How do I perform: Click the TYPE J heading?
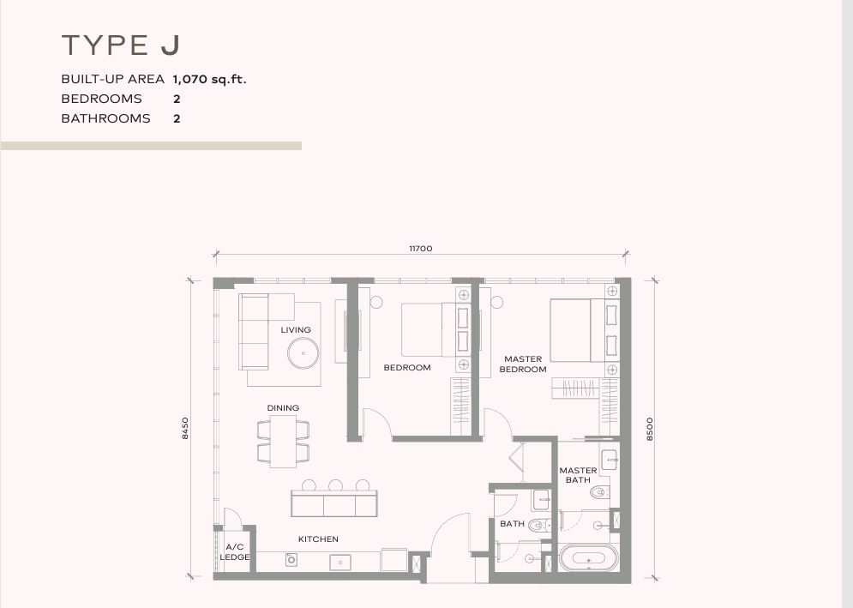(x=121, y=45)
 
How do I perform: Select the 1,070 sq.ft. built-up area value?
(x=209, y=79)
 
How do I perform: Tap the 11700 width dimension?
(x=421, y=248)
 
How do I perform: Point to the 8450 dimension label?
(x=185, y=429)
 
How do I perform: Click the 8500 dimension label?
(x=650, y=429)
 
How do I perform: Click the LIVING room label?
(x=296, y=330)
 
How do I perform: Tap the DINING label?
(x=283, y=407)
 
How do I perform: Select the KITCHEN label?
(x=318, y=539)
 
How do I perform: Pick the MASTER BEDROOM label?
(x=523, y=364)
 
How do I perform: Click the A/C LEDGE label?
(x=235, y=552)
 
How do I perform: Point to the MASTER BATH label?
(x=578, y=475)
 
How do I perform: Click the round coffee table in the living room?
(x=303, y=353)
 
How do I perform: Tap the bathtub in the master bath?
(x=589, y=558)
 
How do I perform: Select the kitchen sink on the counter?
(x=340, y=563)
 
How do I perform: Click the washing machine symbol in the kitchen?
(x=291, y=559)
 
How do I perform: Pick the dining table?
(x=283, y=442)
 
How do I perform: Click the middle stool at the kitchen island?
(x=336, y=485)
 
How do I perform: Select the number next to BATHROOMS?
(x=177, y=118)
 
